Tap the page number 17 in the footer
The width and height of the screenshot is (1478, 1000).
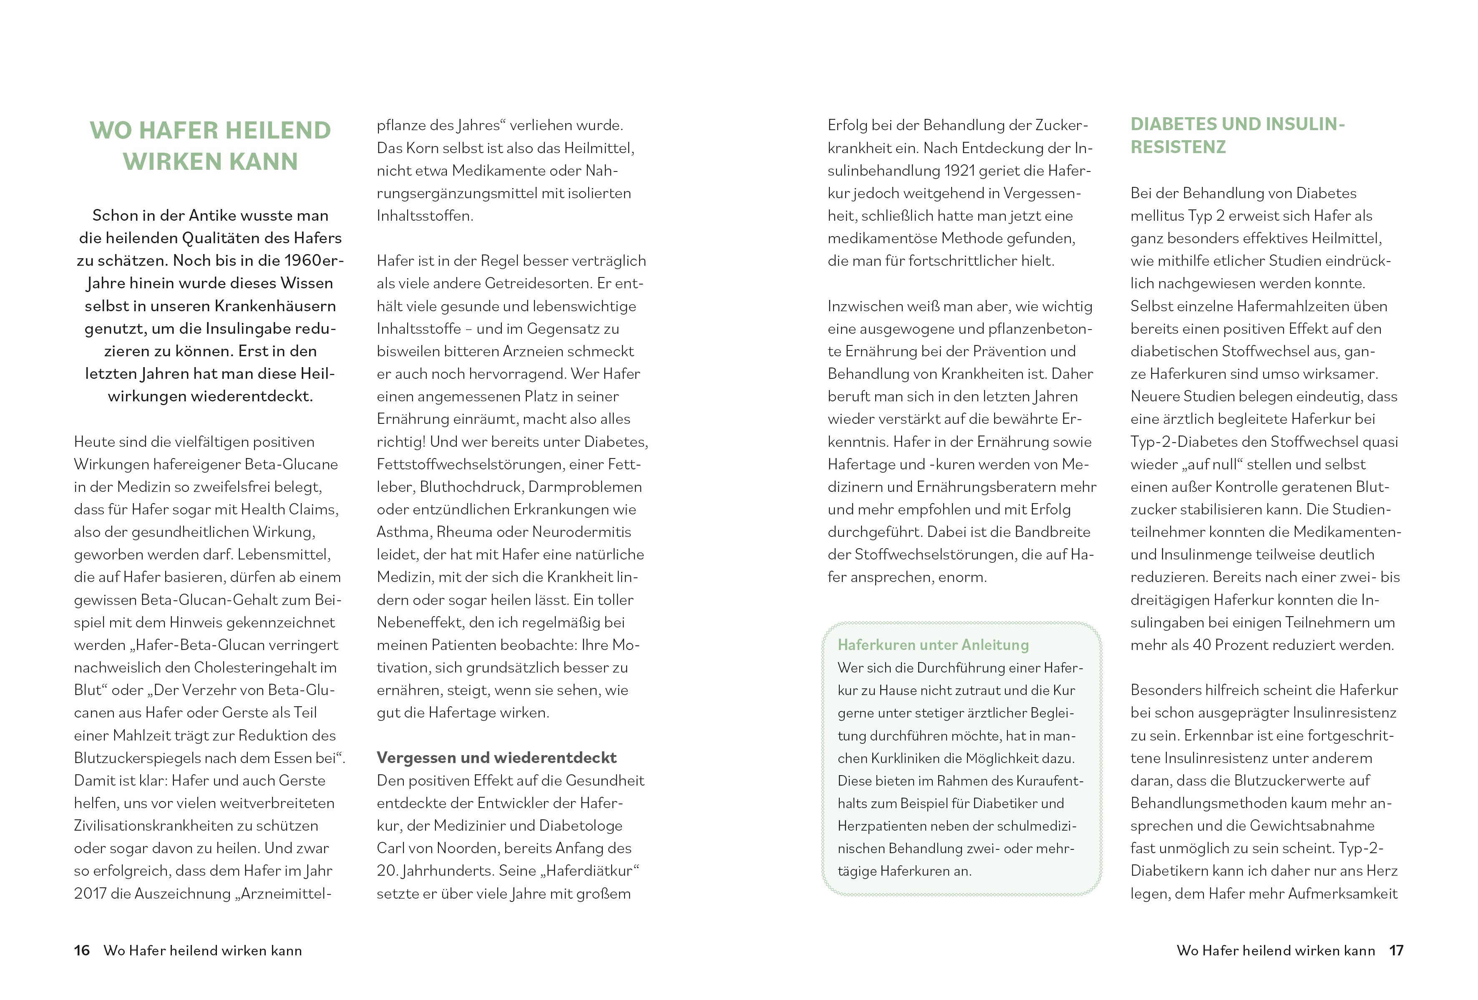tap(1396, 950)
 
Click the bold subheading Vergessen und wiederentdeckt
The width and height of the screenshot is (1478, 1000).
tap(496, 758)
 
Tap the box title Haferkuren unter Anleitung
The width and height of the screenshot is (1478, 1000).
tap(933, 645)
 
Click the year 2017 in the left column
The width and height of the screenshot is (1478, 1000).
tap(90, 894)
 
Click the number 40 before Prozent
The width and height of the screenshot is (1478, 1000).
tap(1201, 645)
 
